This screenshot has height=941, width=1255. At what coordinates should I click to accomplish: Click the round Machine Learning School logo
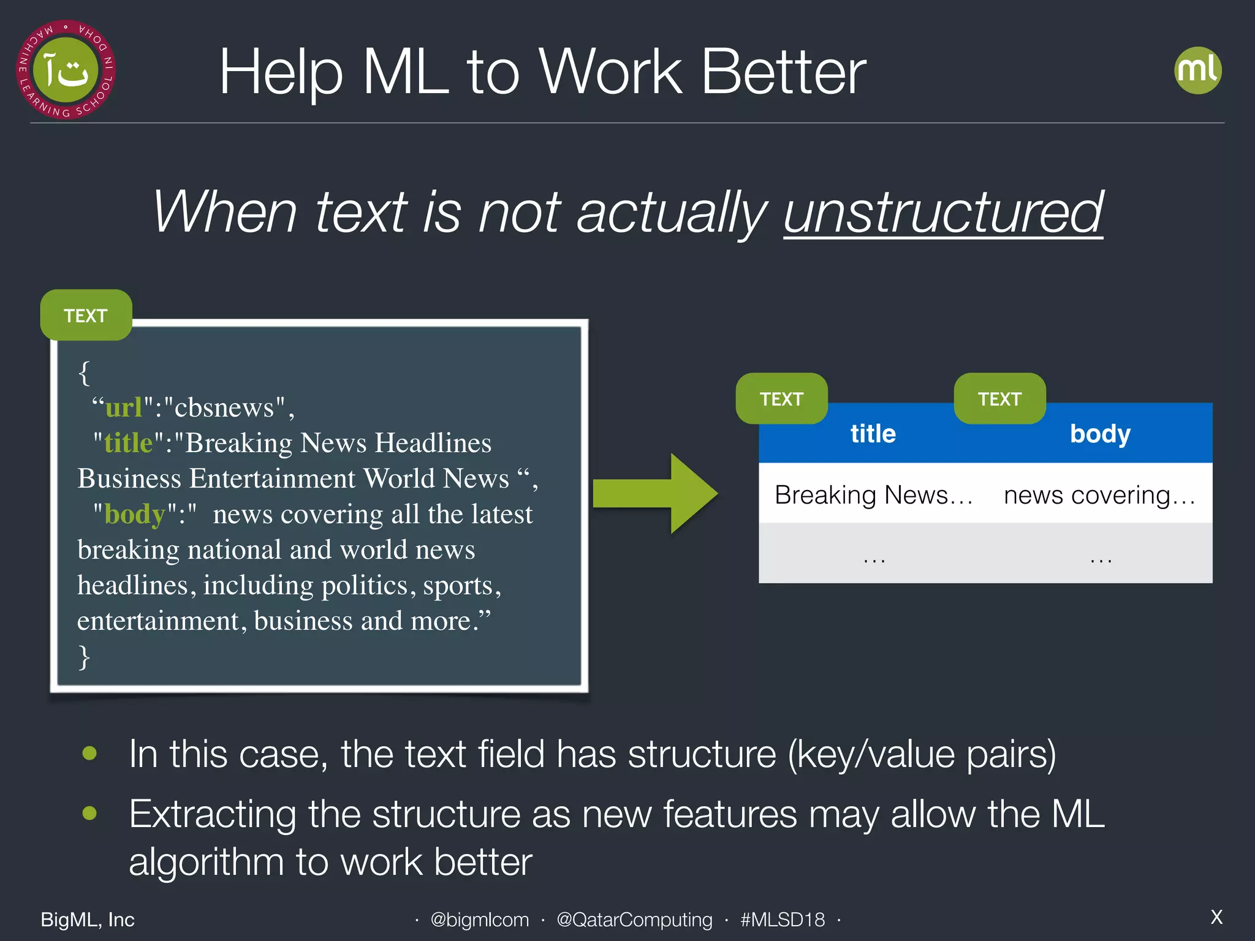click(x=66, y=70)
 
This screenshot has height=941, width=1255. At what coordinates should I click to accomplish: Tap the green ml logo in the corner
click(x=1197, y=70)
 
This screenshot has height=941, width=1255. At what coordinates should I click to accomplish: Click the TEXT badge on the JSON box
click(x=86, y=316)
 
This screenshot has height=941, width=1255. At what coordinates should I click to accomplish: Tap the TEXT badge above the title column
click(x=781, y=399)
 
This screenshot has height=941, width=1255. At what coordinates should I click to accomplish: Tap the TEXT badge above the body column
click(x=999, y=399)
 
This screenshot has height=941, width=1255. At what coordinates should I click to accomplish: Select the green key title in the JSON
click(x=128, y=443)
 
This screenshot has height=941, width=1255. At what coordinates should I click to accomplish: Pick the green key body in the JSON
click(x=135, y=515)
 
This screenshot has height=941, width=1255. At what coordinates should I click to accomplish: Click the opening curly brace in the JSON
click(x=84, y=372)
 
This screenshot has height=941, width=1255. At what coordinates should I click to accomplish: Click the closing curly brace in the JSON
click(x=84, y=657)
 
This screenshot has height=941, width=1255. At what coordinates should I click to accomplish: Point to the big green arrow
click(x=656, y=494)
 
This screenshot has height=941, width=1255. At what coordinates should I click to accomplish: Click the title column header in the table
click(x=873, y=434)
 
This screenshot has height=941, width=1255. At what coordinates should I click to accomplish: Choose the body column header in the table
click(x=1099, y=434)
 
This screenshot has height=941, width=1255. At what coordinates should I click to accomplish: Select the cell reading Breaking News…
click(x=873, y=494)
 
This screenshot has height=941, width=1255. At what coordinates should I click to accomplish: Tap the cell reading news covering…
click(x=1099, y=494)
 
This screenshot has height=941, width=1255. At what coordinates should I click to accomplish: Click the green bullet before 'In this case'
click(x=89, y=753)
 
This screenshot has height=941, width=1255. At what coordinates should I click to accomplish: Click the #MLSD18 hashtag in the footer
click(x=783, y=920)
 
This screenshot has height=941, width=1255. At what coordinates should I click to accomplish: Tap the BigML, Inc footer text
click(x=88, y=920)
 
